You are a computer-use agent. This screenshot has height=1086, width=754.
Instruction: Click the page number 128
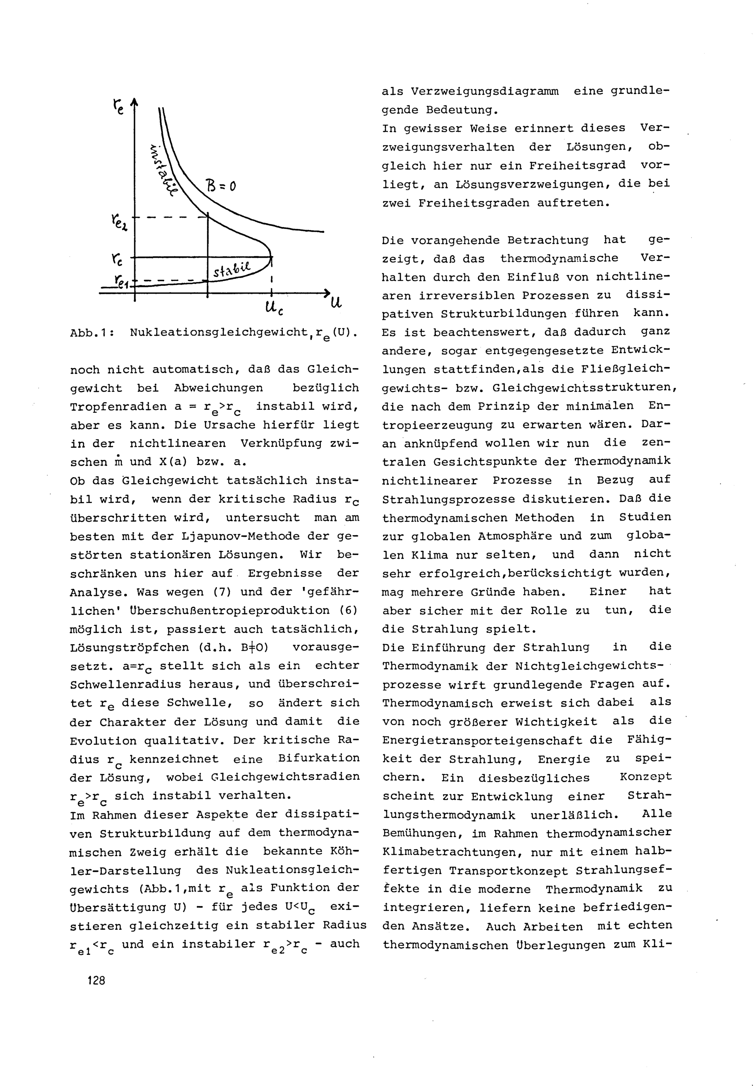[x=96, y=980]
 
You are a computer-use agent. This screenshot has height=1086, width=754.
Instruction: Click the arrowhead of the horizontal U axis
[x=326, y=293]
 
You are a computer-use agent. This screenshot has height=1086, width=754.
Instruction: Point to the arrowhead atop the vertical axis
[x=135, y=101]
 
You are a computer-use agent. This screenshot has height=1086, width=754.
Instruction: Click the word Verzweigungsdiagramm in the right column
[x=484, y=92]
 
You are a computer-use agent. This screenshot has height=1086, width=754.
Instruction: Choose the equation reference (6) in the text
[x=349, y=611]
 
